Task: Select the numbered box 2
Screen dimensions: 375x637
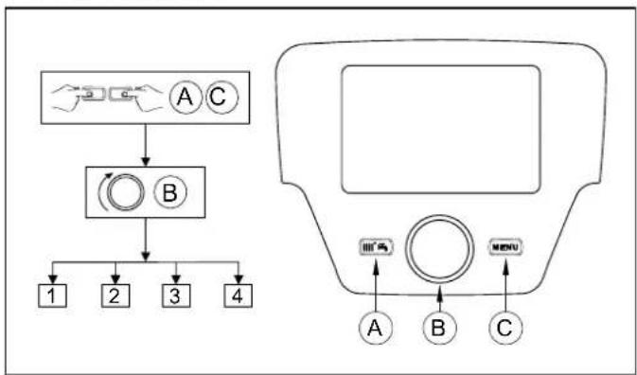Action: point(115,295)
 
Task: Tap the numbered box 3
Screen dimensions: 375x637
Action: point(174,295)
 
